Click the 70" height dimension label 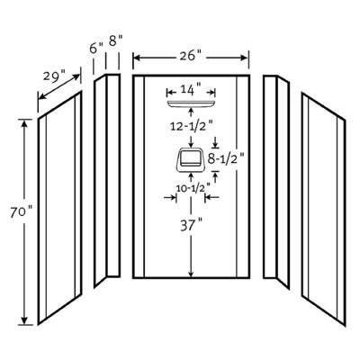[21, 212]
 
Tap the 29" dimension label [54, 76]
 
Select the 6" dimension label [96, 48]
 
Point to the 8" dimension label [116, 40]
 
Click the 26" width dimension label [191, 56]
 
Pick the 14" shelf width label [191, 90]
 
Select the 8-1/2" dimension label [227, 158]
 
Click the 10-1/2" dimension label [193, 188]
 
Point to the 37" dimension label [191, 226]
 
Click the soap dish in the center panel [191, 160]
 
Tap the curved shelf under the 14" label [191, 103]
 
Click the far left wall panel [59, 208]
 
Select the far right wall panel [324, 210]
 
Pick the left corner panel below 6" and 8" [107, 181]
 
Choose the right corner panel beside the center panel [276, 182]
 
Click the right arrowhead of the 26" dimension [246, 58]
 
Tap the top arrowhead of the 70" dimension [24, 123]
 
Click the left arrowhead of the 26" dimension [137, 58]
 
